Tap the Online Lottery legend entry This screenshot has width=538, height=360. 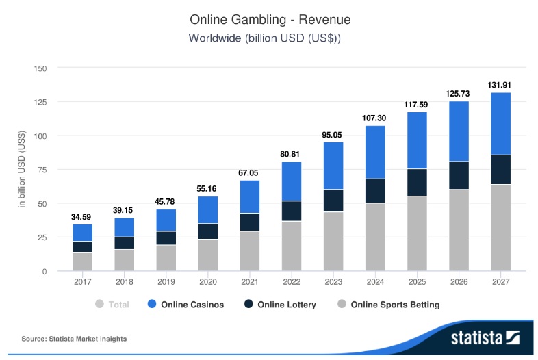[x=279, y=305]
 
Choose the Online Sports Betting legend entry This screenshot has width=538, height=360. [x=388, y=305]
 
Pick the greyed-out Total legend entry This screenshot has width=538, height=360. [x=113, y=305]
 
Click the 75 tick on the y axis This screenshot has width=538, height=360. [x=41, y=170]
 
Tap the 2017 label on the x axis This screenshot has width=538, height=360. [x=82, y=281]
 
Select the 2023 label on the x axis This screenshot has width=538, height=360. [x=333, y=281]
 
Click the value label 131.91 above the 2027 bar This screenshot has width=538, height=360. [x=501, y=85]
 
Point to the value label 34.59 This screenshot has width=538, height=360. [x=82, y=217]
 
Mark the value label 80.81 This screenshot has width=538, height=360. [x=292, y=154]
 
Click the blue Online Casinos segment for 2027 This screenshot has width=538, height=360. [x=501, y=123]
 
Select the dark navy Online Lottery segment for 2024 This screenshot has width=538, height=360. [x=375, y=191]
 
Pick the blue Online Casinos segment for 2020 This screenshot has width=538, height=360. [x=208, y=209]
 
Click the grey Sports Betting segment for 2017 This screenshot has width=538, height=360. [x=82, y=261]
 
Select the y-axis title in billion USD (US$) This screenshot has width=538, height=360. [x=22, y=170]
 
